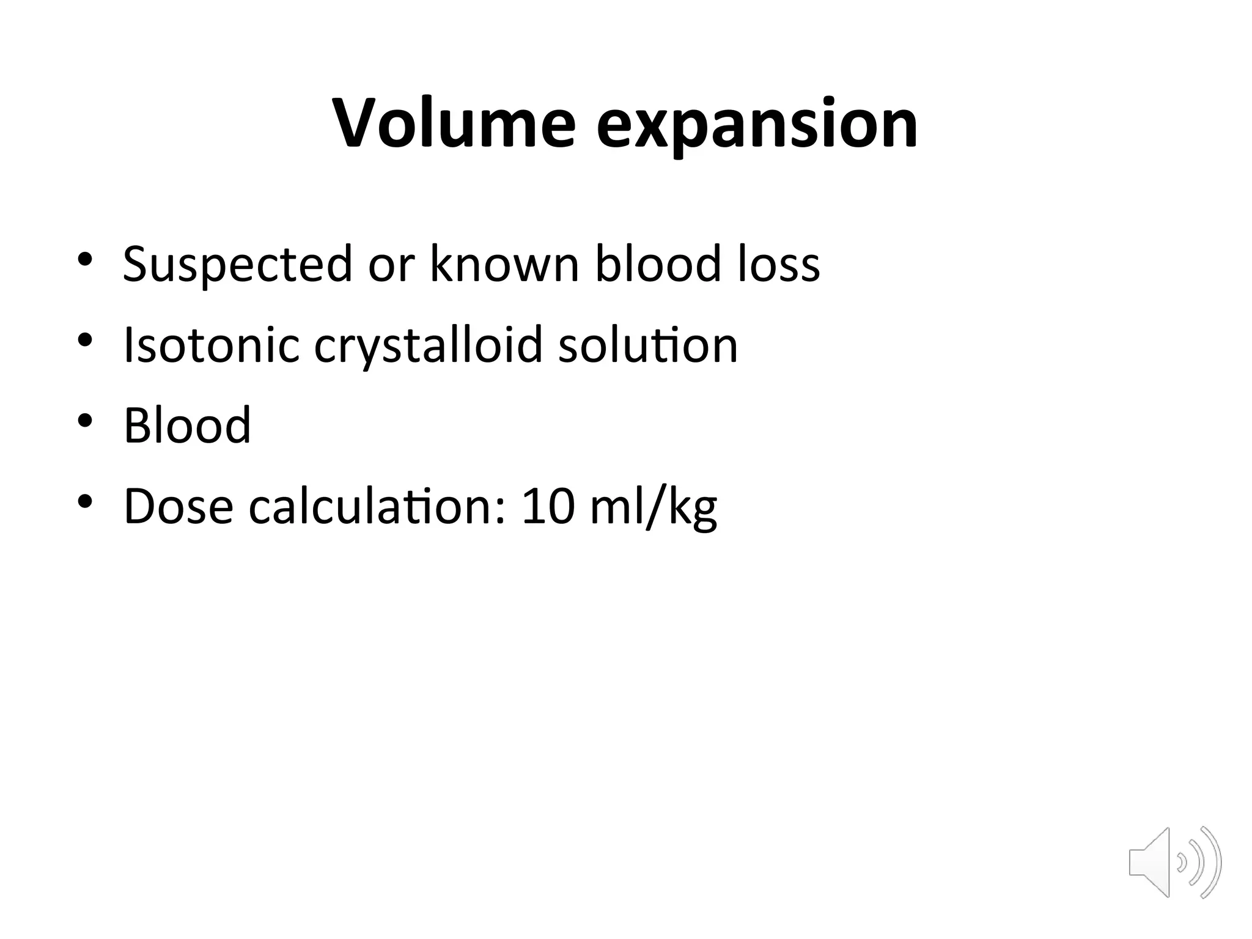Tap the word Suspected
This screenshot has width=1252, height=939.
[237, 264]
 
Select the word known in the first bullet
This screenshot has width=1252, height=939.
[504, 264]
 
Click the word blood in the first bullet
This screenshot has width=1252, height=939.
[658, 264]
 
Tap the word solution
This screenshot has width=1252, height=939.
[648, 345]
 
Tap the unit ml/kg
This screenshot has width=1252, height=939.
[654, 507]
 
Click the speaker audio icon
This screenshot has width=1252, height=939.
[1174, 863]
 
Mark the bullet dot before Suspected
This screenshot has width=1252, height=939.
[85, 259]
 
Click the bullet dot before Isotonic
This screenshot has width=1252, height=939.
[85, 340]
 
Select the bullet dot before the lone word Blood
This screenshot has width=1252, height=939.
[85, 421]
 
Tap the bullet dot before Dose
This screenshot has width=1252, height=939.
[85, 501]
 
